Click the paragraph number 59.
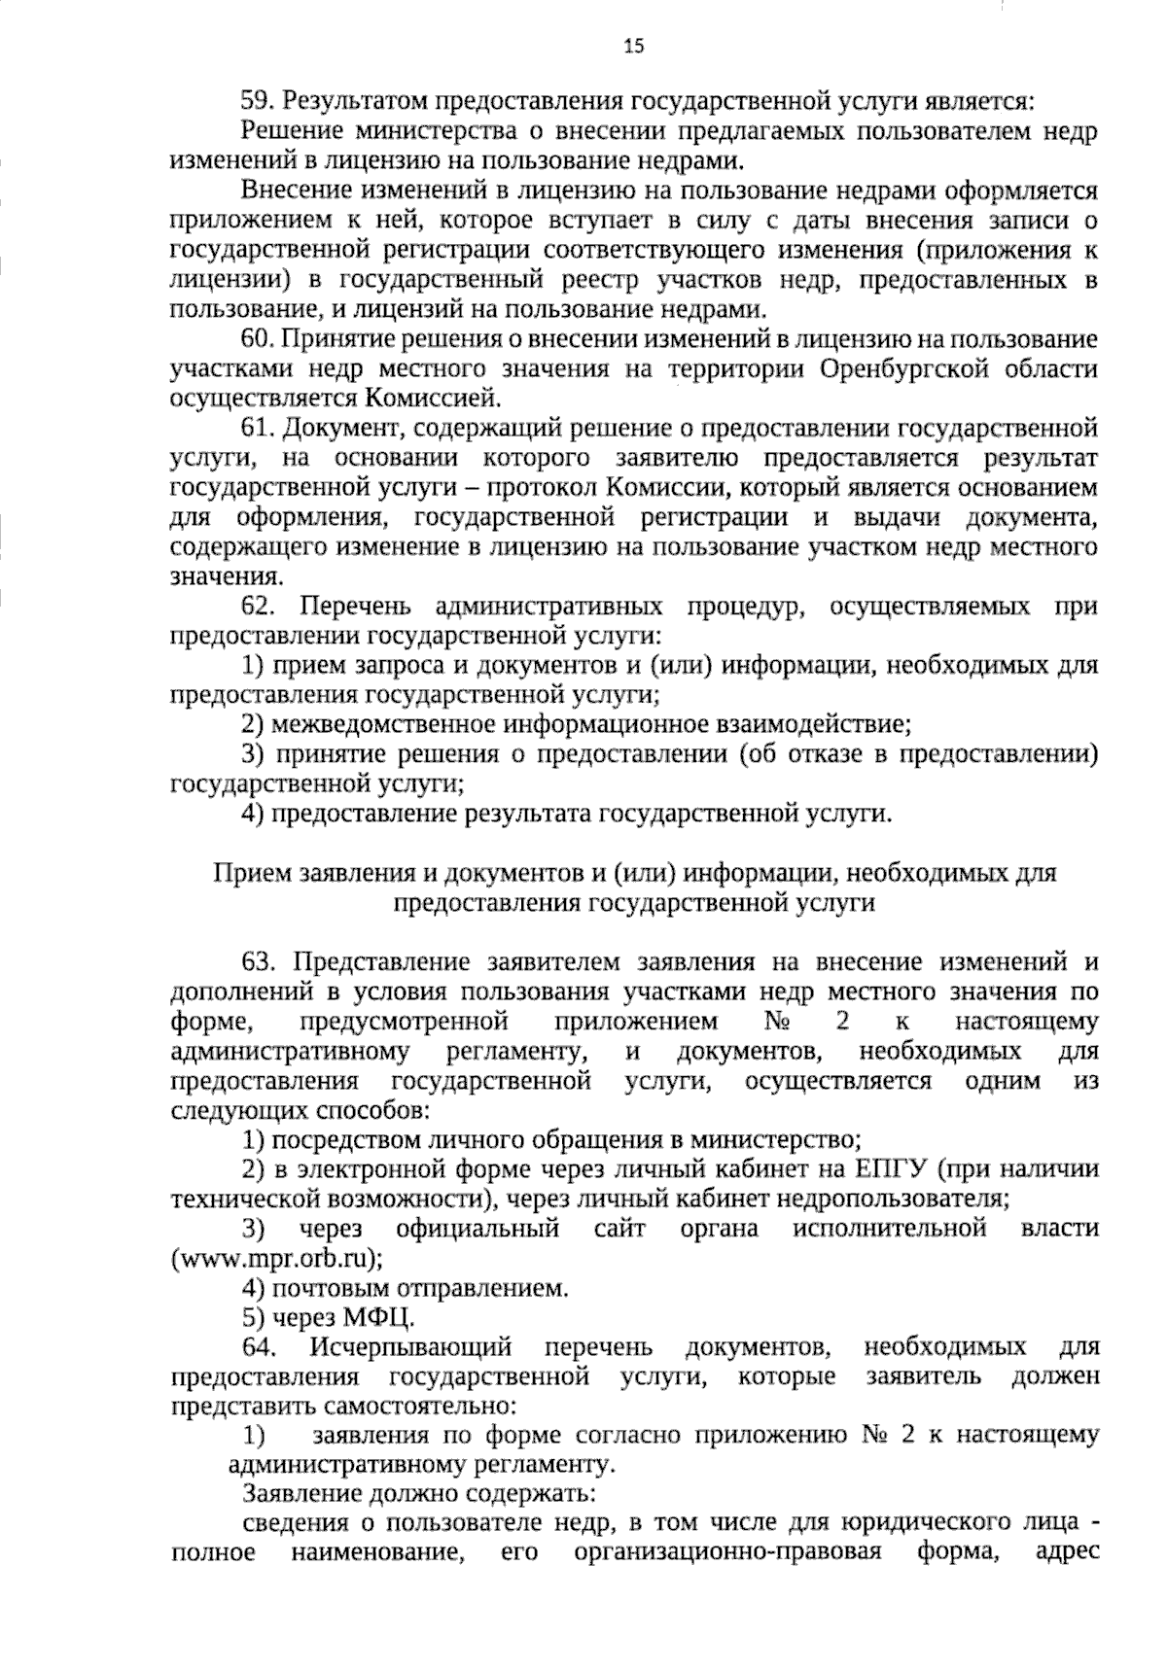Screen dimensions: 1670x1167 (259, 102)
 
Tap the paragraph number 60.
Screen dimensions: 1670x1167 (259, 339)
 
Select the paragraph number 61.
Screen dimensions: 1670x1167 (259, 429)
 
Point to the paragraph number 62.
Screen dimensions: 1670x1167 (259, 608)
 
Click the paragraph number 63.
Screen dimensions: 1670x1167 (259, 962)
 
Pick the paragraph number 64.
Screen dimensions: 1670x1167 (259, 1347)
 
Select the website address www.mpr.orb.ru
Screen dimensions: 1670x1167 (275, 1259)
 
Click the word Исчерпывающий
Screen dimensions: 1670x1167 (411, 1347)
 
